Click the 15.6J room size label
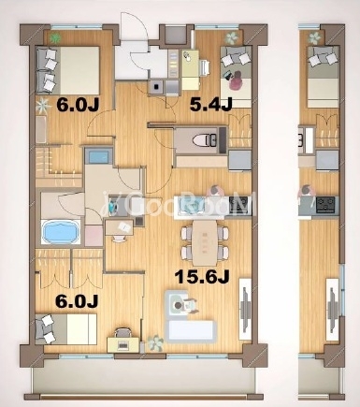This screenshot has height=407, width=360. (x=202, y=276)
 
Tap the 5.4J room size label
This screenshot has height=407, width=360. (x=211, y=104)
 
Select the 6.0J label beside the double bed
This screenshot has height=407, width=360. (x=78, y=104)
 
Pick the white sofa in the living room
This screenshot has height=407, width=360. (x=192, y=330)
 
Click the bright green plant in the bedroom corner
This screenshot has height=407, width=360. (x=55, y=38)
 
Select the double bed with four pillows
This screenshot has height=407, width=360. (x=67, y=70)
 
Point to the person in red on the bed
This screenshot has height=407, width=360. (x=237, y=80)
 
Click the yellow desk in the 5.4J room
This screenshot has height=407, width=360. (x=191, y=69)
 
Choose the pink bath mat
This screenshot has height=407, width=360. (x=94, y=236)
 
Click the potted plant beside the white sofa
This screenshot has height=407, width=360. (x=155, y=342)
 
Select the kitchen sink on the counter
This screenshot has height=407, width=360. (x=190, y=206)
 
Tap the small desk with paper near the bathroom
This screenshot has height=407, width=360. (x=120, y=227)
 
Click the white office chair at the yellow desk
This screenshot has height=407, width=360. (x=205, y=67)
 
